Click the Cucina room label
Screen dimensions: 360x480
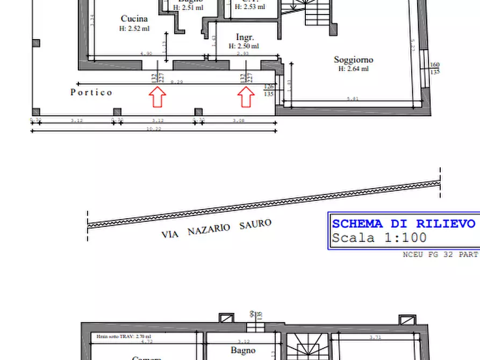[134, 19]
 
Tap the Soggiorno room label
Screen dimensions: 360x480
[353, 60]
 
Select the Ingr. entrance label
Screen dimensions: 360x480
[245, 37]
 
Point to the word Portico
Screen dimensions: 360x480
[91, 92]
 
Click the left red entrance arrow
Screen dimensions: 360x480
[157, 98]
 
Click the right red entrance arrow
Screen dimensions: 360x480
[246, 98]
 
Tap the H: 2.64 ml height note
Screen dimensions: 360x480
[353, 69]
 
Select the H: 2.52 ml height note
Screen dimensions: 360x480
[134, 28]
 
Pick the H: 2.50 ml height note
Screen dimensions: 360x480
[245, 46]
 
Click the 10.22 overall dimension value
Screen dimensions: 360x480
[154, 129]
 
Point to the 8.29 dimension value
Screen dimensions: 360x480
[176, 82]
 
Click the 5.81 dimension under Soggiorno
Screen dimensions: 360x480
[352, 98]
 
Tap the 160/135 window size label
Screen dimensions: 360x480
[435, 68]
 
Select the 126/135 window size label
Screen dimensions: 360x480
[269, 90]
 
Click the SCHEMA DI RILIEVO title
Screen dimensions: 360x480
[403, 224]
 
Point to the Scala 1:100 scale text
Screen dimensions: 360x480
[379, 237]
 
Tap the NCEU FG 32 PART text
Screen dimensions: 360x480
[440, 254]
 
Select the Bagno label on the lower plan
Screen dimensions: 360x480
[243, 350]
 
